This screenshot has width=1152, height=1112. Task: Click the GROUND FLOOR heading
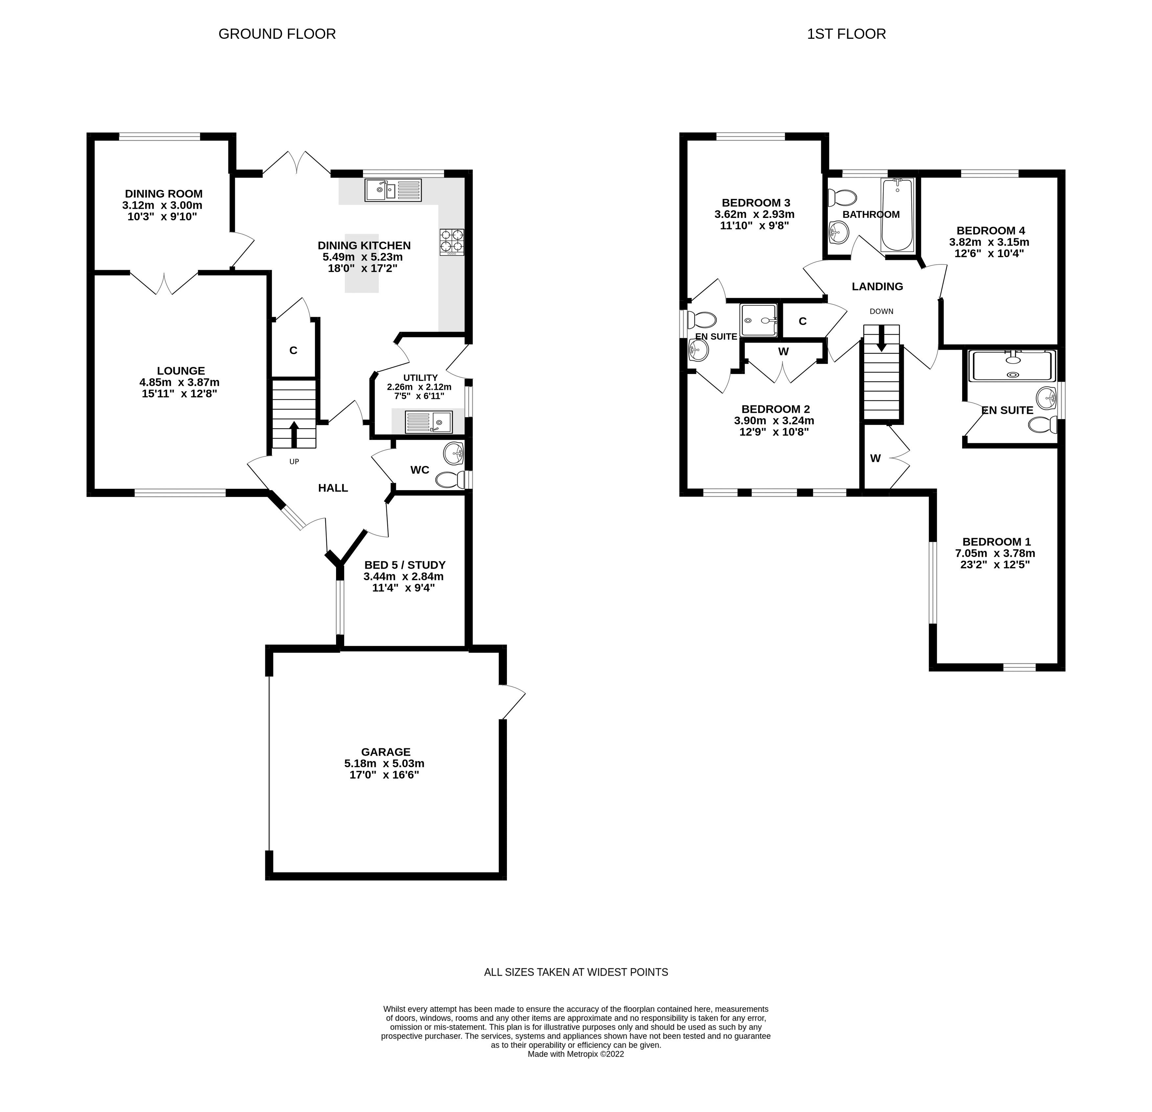tap(277, 34)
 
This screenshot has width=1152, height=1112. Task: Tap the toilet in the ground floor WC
tap(451, 480)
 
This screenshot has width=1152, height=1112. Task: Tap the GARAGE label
tap(386, 751)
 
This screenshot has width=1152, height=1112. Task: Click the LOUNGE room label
tap(181, 370)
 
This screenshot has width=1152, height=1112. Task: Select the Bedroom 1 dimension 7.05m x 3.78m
tap(995, 553)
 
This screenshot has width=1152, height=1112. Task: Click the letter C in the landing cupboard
tap(802, 321)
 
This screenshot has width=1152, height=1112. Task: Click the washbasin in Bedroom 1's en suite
tap(1046, 398)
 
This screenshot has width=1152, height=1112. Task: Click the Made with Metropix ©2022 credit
tap(576, 1054)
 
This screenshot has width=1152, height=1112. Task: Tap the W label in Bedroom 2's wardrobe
tap(783, 352)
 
